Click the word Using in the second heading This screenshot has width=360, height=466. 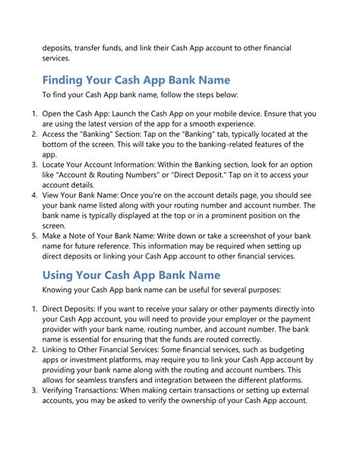pos(62,274)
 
